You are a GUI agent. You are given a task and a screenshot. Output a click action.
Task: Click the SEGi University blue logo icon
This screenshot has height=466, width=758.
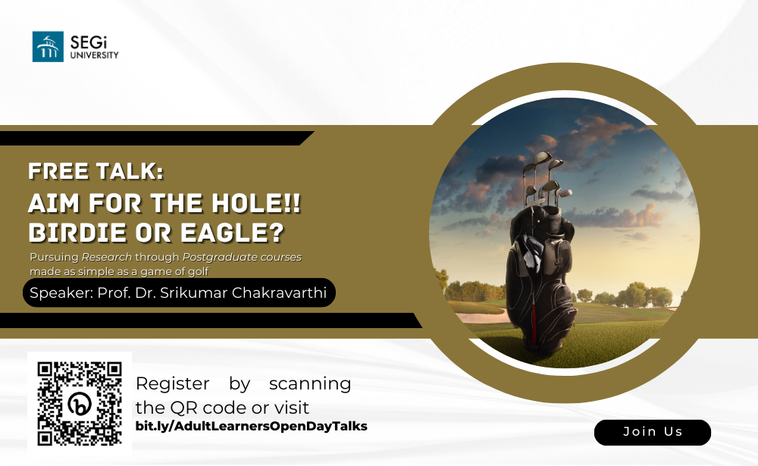click(48, 46)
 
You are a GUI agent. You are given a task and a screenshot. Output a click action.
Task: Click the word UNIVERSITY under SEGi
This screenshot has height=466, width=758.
click(94, 55)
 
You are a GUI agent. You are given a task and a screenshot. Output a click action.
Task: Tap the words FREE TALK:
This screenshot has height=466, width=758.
click(96, 171)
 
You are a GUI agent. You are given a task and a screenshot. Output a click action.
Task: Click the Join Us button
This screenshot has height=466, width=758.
click(653, 432)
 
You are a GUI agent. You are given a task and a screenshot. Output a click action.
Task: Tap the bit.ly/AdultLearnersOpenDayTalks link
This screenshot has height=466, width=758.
click(252, 427)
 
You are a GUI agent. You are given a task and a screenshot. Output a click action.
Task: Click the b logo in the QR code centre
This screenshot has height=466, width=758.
click(80, 404)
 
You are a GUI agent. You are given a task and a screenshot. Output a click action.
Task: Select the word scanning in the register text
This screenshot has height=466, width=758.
click(310, 384)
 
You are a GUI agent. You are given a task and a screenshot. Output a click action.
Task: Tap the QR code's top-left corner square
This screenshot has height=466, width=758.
click(45, 370)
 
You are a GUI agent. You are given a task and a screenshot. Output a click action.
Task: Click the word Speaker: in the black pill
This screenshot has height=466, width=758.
click(61, 293)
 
